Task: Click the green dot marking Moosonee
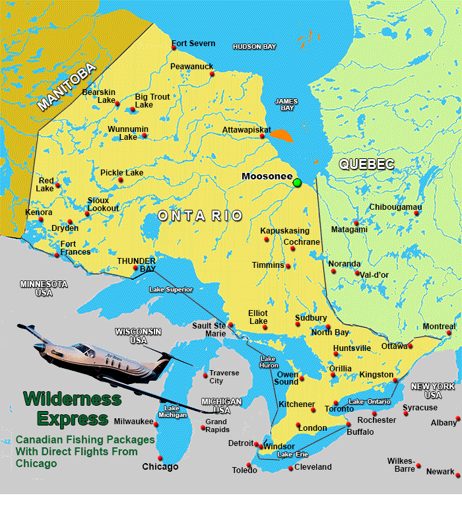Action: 297,183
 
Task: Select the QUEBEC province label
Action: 366,164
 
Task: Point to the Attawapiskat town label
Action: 246,130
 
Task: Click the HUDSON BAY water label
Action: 254,47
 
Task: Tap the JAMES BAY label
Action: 286,104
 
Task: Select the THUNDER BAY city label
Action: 136,265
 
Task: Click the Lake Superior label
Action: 171,289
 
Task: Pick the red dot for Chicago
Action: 160,458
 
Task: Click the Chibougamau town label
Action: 395,207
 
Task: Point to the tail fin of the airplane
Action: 26,327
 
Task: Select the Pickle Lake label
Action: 121,173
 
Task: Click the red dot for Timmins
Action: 288,266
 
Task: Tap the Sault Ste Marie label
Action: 209,329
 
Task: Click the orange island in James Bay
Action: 282,135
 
